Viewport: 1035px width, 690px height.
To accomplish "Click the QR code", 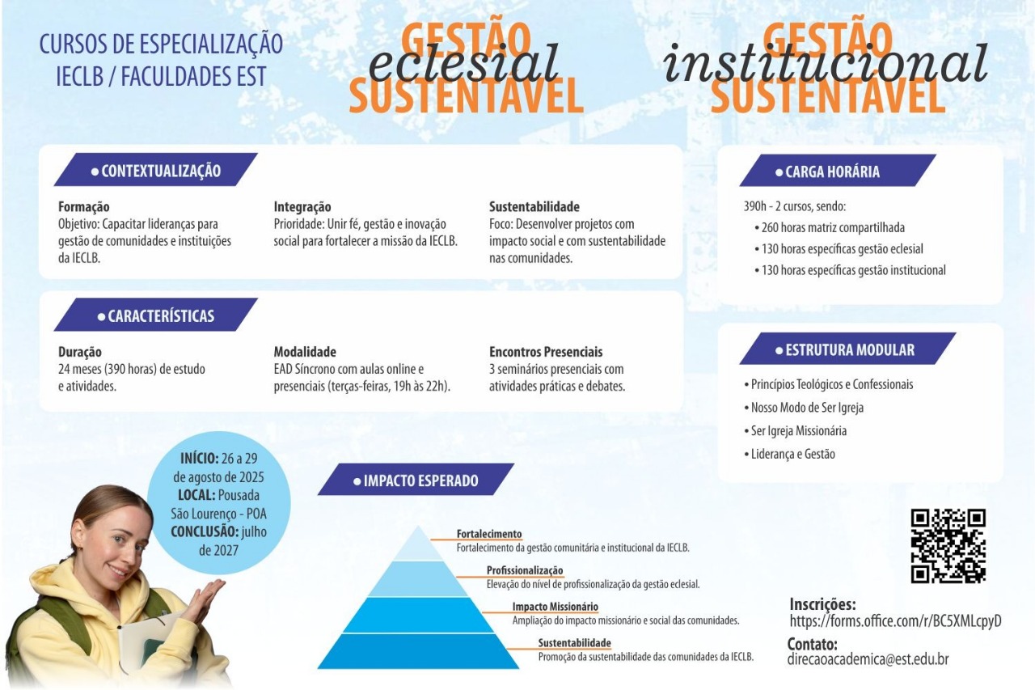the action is click(948, 546).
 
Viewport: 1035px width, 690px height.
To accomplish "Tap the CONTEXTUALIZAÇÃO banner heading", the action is click(156, 170).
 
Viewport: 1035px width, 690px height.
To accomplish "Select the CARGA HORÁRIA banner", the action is click(837, 171).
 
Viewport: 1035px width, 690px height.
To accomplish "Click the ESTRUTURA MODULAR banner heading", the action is click(847, 349).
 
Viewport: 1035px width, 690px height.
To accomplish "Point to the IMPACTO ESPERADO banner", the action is click(416, 480).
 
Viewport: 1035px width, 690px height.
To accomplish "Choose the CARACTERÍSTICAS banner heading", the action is click(156, 315).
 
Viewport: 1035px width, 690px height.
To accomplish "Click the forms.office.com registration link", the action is click(895, 621).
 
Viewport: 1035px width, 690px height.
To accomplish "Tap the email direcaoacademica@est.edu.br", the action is click(868, 659).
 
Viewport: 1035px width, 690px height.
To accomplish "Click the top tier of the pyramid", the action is click(418, 544).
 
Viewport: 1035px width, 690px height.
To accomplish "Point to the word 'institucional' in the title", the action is click(826, 63).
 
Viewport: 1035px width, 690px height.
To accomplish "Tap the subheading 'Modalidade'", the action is click(305, 352).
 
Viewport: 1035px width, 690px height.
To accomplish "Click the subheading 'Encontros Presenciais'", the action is click(546, 352).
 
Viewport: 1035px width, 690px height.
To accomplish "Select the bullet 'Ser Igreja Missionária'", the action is click(795, 430).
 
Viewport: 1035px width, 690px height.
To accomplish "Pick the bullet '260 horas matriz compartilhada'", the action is click(830, 227).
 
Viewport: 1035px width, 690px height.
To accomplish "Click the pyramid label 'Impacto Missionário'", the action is click(555, 607).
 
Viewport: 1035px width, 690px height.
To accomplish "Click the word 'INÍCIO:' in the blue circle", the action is click(199, 459).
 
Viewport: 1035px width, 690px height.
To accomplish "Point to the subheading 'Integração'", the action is click(302, 206).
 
